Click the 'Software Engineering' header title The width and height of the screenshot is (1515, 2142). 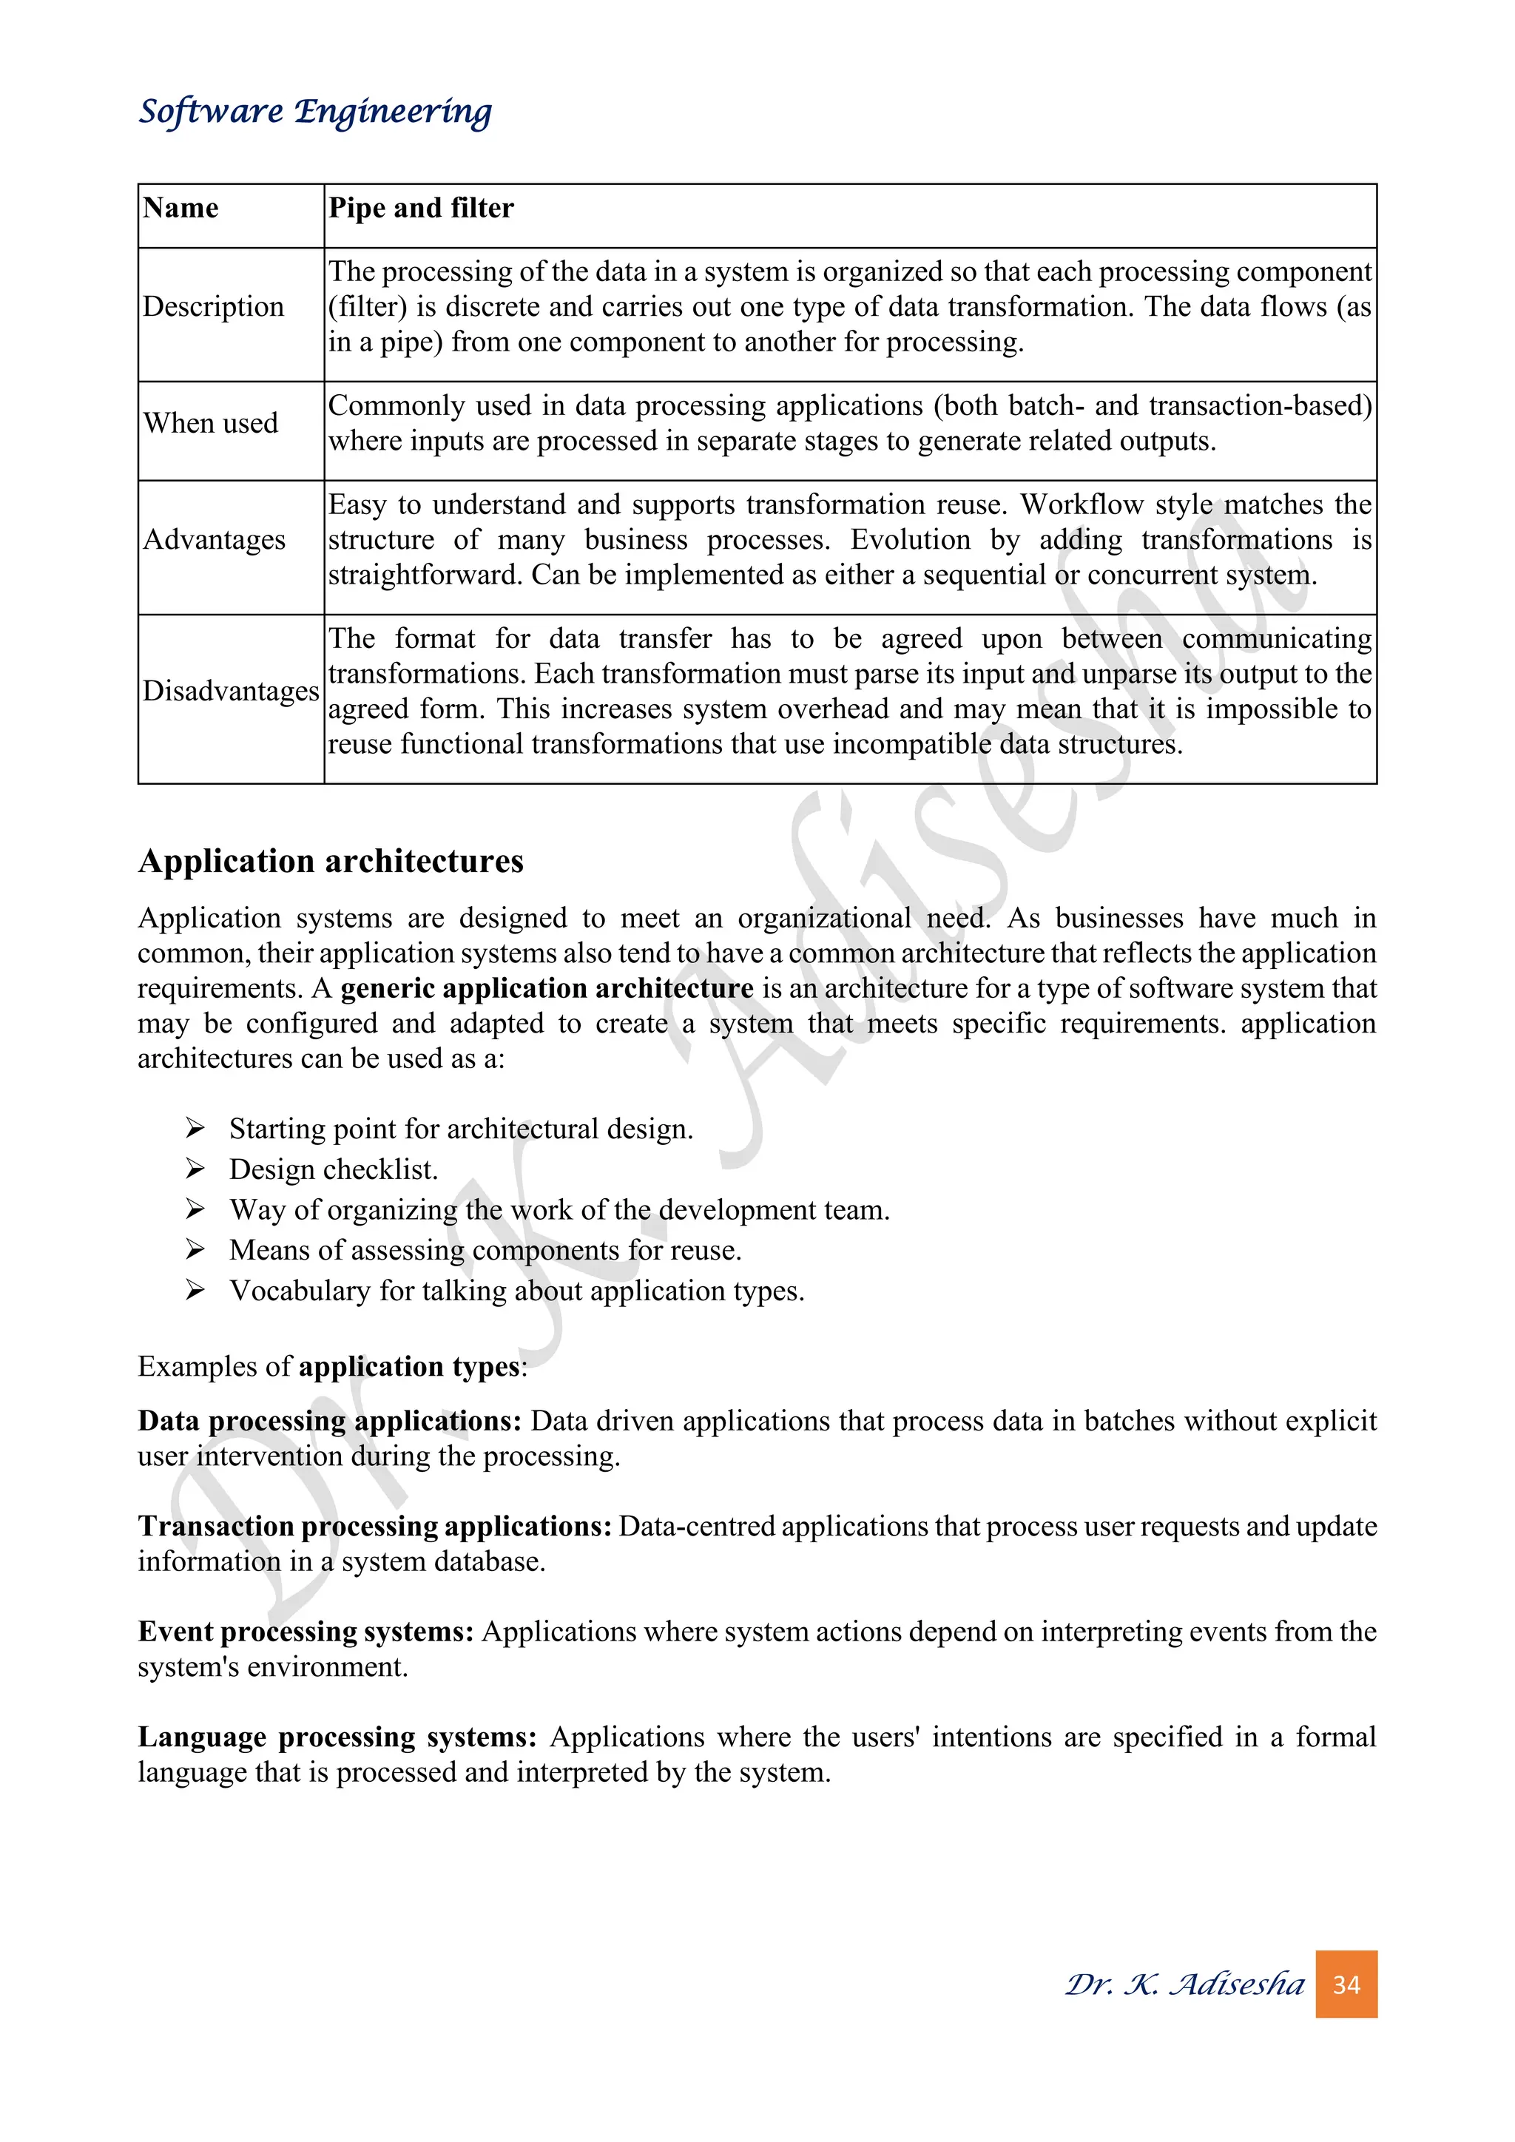point(314,111)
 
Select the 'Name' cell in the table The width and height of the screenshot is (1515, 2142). point(181,207)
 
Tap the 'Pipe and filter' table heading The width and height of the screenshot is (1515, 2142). point(421,207)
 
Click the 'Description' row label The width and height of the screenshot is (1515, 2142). point(213,307)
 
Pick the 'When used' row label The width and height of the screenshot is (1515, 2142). point(211,424)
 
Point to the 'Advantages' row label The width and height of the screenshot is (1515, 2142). point(215,540)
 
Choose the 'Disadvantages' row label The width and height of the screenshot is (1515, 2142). point(230,692)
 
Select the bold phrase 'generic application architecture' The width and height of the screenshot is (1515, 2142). point(547,988)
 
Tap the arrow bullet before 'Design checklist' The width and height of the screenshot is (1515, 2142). point(195,1169)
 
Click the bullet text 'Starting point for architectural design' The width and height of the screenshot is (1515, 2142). point(461,1129)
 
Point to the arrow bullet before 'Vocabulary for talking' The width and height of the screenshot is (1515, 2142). point(195,1290)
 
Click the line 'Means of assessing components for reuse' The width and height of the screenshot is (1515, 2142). point(485,1250)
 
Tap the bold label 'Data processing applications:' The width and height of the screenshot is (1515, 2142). point(329,1421)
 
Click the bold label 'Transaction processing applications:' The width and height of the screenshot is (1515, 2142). point(375,1527)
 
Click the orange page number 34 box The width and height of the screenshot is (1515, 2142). point(1346,1984)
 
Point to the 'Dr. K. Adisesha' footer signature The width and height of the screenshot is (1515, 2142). point(1185,1984)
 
